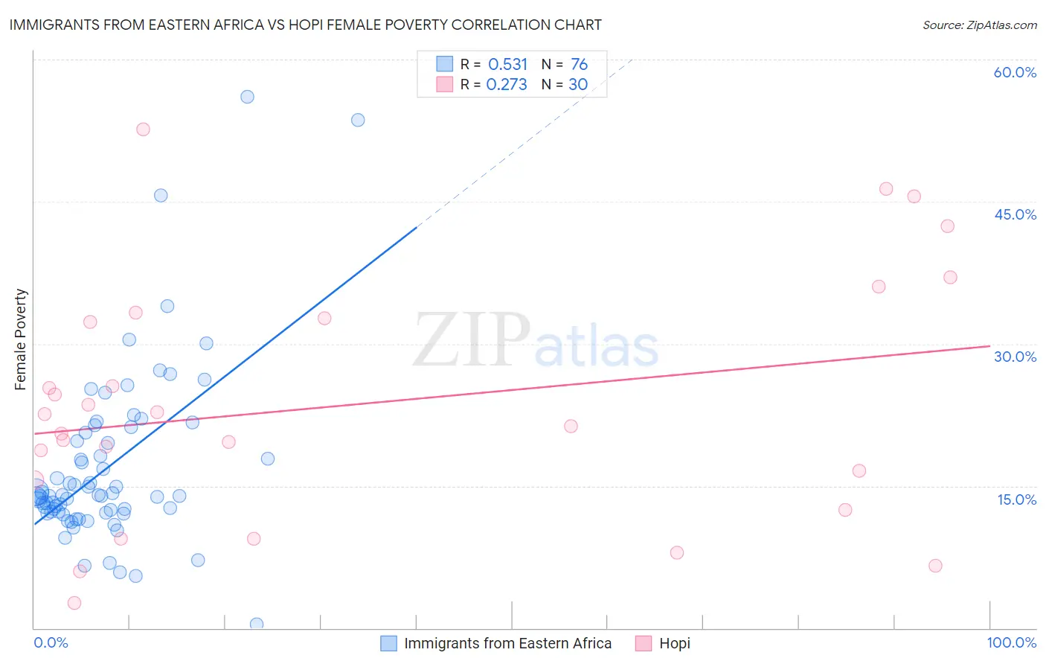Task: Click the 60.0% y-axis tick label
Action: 1015,72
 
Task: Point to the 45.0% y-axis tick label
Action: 1015,214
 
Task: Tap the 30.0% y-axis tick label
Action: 1015,357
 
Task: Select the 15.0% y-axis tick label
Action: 1016,499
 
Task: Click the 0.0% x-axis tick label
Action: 51,642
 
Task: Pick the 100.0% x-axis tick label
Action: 1011,642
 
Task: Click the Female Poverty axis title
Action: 21,339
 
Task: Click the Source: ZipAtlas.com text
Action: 979,25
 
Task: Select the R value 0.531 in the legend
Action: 507,65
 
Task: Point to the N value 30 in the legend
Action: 578,85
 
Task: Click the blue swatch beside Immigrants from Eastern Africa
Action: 388,643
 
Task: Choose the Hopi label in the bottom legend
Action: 674,643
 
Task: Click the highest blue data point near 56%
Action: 247,97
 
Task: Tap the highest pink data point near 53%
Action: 143,130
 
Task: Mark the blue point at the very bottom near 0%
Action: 257,624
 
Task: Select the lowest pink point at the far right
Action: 935,566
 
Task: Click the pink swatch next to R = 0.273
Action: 444,85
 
